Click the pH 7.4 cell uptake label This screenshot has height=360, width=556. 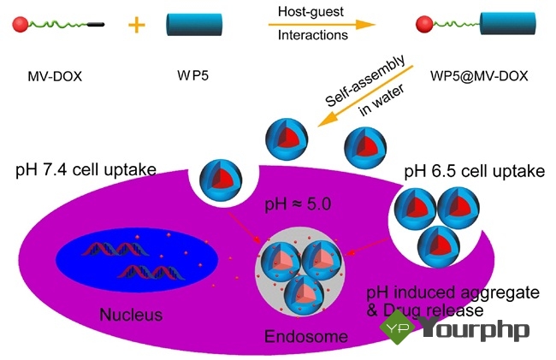86,169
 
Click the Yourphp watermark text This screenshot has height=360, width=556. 475,329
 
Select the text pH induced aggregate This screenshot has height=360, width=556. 453,293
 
